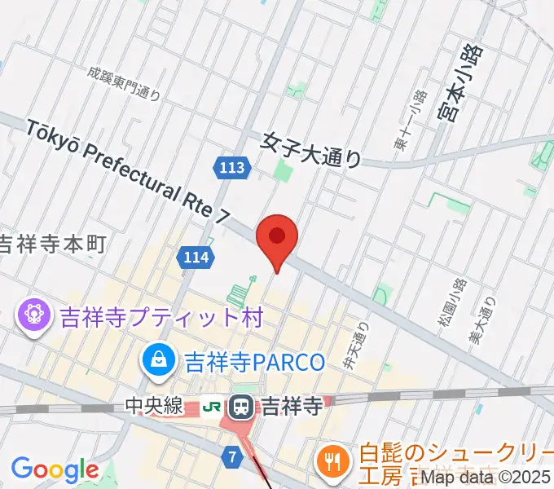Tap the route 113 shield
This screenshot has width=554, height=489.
click(232, 169)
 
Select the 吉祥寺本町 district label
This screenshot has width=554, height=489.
click(53, 244)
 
